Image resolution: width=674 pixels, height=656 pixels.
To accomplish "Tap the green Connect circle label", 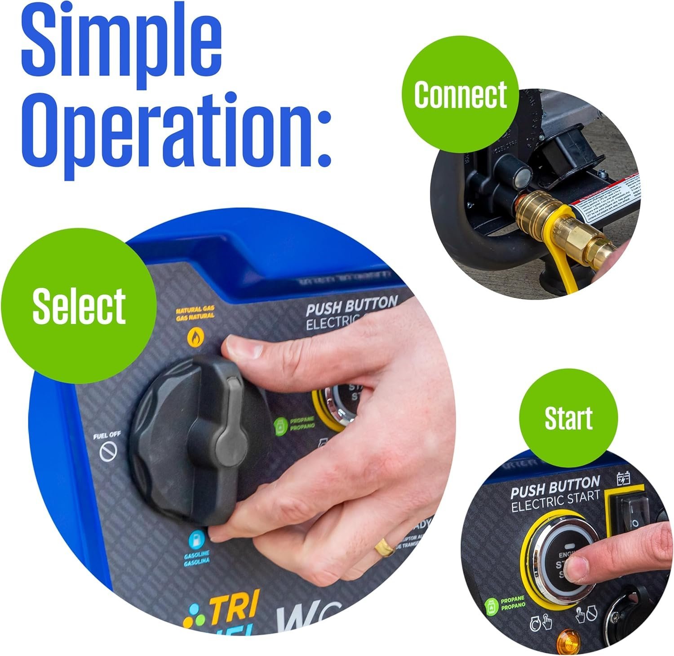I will [460, 94].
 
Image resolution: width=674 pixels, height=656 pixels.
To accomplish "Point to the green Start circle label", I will [568, 419].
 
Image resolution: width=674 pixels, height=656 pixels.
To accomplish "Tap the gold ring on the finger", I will [385, 547].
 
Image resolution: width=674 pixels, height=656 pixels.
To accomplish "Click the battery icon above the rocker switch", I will [624, 478].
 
